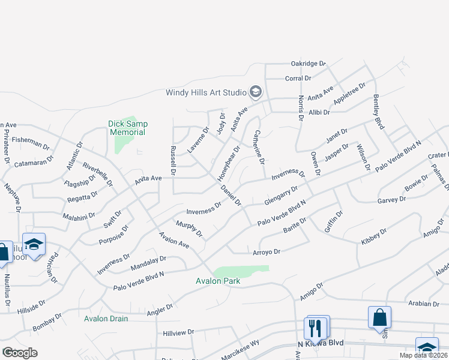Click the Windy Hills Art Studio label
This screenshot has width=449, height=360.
pos(206,92)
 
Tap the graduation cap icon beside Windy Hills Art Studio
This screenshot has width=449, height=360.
pos(256,92)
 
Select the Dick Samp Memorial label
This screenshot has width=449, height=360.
pos(128,128)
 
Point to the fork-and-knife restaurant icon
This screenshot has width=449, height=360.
pos(316,328)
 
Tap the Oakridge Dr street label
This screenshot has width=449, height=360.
pos(308,63)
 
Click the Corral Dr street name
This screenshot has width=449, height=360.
pos(298,78)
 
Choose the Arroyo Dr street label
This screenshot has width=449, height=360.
pos(267,252)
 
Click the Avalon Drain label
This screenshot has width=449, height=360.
pos(106,319)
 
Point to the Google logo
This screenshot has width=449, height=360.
pos(20,353)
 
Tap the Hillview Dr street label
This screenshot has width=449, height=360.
pos(178,332)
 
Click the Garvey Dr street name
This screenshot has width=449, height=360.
pos(392,200)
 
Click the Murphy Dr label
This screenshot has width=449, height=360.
pos(189,228)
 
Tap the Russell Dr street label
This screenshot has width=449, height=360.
pos(173,160)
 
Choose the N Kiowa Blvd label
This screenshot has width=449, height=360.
pos(321,344)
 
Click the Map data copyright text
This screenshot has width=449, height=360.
pos(421,355)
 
